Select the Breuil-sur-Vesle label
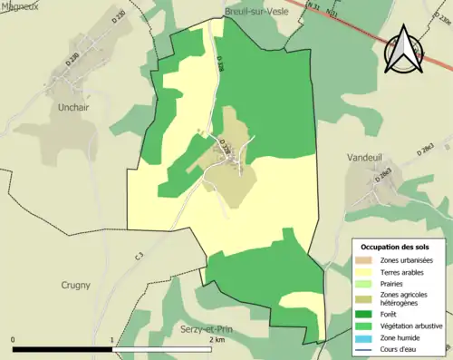pyautogui.click(x=256, y=12)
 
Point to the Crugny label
pyautogui.click(x=75, y=285)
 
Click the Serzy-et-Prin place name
pyautogui.click(x=206, y=329)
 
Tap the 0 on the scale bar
pyautogui.click(x=14, y=340)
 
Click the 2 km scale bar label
pyautogui.click(x=217, y=340)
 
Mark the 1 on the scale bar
pyautogui.click(x=112, y=340)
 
